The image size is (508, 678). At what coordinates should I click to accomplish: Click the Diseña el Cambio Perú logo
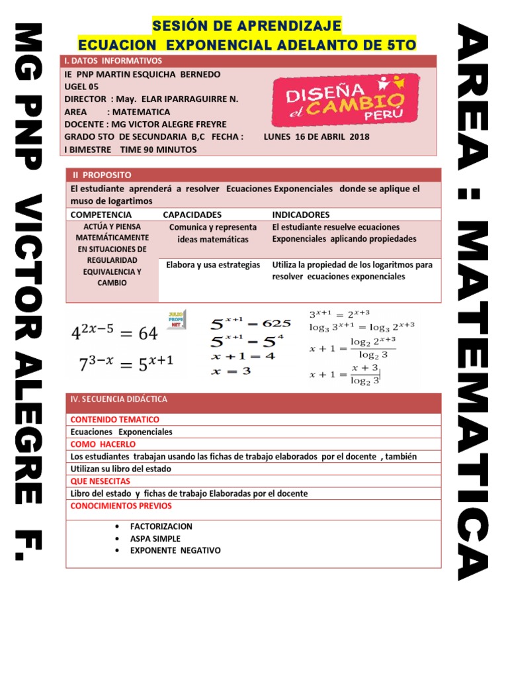345,99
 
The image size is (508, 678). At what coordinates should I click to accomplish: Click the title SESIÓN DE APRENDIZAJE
247,26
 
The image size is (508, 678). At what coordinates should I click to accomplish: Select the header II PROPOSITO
102,175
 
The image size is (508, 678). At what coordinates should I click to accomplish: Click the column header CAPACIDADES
192,215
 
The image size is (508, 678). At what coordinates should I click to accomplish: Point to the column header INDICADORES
300,215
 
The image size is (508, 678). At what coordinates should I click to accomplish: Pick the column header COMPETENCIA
101,215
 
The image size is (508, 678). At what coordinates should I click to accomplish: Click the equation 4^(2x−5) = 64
114,333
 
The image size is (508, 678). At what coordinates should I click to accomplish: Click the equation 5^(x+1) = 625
250,323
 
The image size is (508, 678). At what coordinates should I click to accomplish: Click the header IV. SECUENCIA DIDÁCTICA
119,399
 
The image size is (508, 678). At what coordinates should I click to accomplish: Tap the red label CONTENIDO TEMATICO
114,419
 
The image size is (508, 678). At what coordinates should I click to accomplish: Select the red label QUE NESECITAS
100,481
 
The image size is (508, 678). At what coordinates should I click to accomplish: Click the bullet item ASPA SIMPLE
155,538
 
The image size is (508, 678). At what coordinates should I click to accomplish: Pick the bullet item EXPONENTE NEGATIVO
175,550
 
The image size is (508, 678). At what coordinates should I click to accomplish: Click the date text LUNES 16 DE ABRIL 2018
316,136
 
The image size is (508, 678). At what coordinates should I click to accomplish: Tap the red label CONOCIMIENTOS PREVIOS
120,506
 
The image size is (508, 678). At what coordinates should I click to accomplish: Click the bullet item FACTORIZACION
161,526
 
